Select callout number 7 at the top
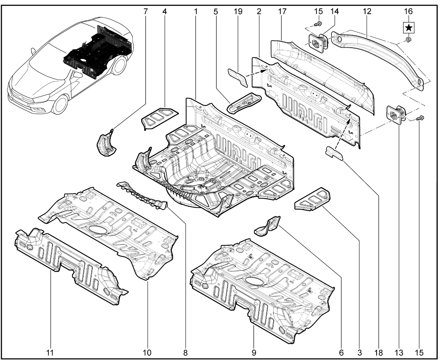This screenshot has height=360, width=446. coord(145,11)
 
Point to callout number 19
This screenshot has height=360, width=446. coord(238,11)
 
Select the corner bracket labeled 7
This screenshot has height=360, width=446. coord(105,144)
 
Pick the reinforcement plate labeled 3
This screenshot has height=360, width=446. coord(312,199)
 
